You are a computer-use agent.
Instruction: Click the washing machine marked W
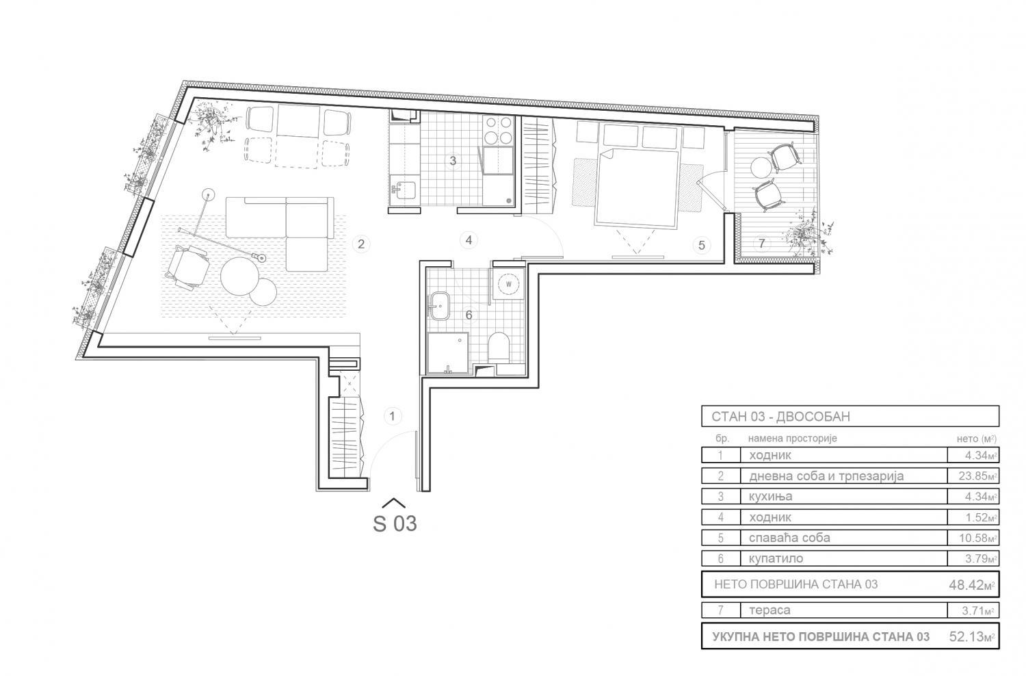pos(508,284)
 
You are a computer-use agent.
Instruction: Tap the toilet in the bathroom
pos(499,347)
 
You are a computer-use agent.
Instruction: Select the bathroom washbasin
pos(439,305)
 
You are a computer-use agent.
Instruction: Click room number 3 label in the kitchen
pos(453,161)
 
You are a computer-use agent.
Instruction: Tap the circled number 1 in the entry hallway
pos(392,416)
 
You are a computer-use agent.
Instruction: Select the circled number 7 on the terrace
pos(762,244)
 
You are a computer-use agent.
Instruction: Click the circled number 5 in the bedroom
pos(702,245)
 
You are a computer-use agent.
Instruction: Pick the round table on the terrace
pos(761,167)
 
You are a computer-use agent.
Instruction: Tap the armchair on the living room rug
pos(188,266)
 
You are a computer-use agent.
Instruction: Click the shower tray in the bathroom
pos(447,353)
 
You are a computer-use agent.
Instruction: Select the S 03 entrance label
pos(395,523)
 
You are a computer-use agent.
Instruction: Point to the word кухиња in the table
pos(770,496)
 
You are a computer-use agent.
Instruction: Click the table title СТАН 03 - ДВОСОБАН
pos(781,417)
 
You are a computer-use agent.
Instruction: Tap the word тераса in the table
pos(770,610)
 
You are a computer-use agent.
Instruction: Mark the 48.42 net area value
pos(966,585)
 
